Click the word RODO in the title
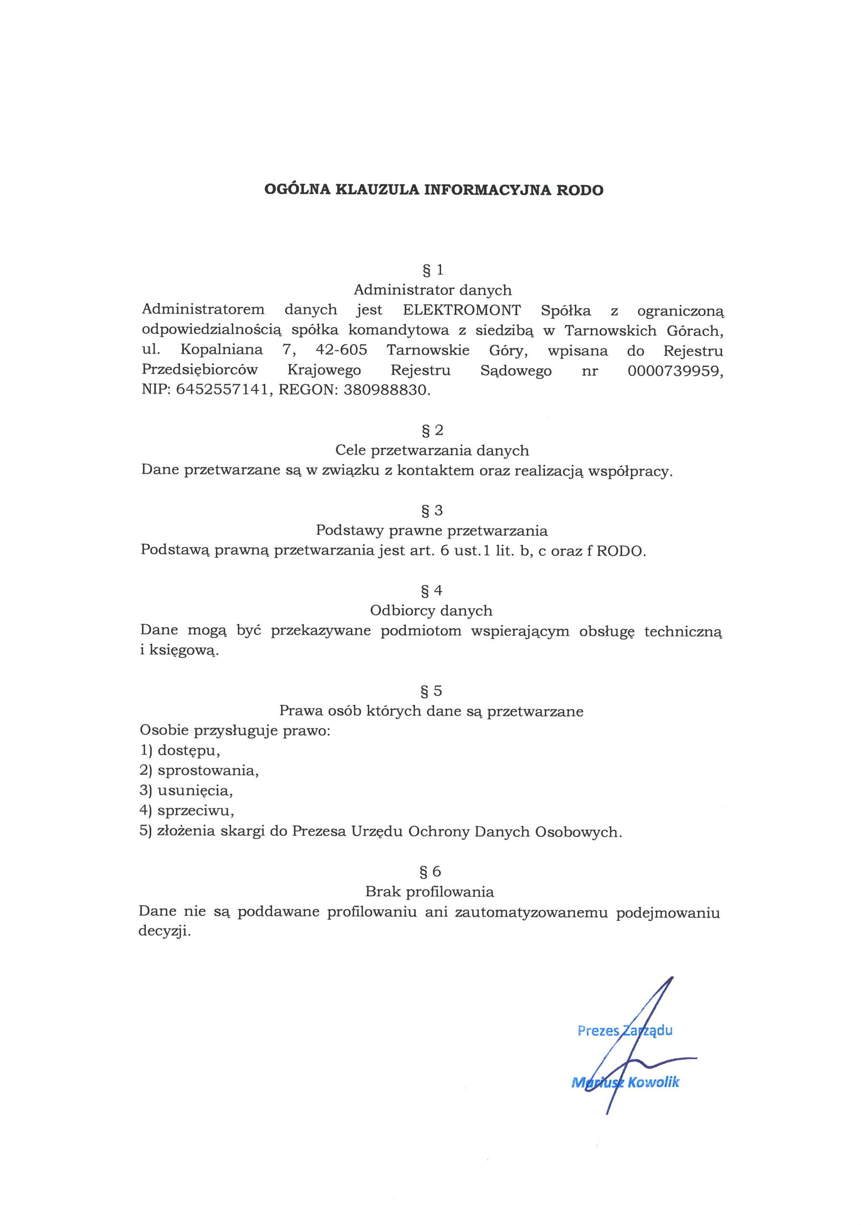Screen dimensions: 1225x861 tap(580, 190)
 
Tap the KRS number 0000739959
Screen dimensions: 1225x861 tap(676, 370)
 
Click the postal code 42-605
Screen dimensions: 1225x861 tap(342, 350)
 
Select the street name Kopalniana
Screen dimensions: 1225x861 tap(221, 350)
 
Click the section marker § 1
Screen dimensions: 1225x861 tap(432, 270)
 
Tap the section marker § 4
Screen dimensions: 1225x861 tap(432, 590)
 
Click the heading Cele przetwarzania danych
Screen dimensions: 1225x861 tap(432, 451)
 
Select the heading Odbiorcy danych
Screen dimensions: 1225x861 tap(431, 611)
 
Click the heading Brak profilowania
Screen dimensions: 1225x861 tap(430, 891)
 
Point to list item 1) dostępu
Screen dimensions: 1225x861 tap(180, 751)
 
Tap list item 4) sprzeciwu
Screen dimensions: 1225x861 tap(187, 811)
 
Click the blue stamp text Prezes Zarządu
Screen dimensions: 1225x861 tap(625, 1030)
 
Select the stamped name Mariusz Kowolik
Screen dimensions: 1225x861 tap(625, 1083)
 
